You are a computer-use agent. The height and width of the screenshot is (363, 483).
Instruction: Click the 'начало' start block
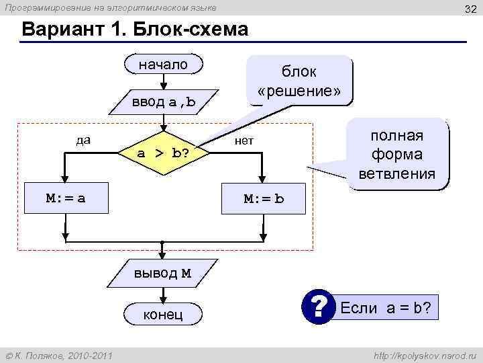point(163,65)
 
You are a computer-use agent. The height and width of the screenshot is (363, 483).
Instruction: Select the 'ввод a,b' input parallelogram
point(163,102)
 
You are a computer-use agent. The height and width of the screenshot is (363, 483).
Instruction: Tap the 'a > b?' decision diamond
point(163,153)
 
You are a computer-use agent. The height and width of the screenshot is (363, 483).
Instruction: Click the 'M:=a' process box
point(65,199)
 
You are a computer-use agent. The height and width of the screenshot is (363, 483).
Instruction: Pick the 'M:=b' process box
point(264,199)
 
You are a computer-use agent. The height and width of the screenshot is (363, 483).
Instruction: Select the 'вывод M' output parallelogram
point(163,272)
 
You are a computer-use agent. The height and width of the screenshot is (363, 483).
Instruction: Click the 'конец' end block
point(163,314)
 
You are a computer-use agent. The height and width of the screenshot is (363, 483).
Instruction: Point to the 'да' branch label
point(83,140)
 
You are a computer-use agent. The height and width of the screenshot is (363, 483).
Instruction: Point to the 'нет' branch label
point(243,140)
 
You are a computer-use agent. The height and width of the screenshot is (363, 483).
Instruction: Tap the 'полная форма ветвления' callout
point(398,155)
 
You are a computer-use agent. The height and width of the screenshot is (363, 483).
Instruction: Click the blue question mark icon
point(318,309)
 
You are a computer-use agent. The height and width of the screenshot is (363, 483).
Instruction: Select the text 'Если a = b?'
point(386,309)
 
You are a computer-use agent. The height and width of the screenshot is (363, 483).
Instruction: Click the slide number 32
point(469,7)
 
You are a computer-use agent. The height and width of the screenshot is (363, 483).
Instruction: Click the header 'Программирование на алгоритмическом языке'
point(111,7)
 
